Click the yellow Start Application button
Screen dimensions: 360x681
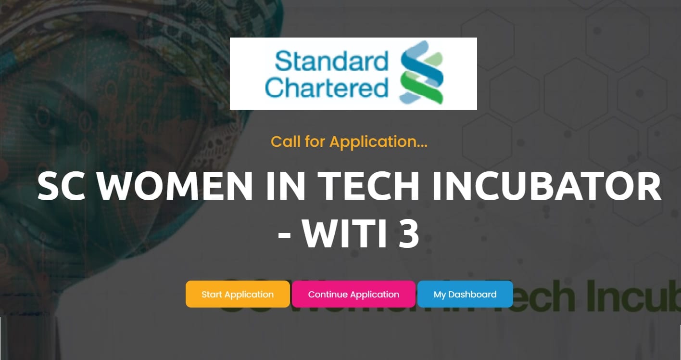[x=238, y=294]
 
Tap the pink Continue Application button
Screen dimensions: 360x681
[x=353, y=294]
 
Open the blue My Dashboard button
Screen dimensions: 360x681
[x=465, y=294]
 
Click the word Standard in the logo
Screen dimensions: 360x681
[x=331, y=63]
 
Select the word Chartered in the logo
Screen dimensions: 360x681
[x=327, y=88]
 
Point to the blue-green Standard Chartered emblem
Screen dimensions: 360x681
[x=421, y=73]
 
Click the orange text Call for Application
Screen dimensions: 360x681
[x=349, y=141]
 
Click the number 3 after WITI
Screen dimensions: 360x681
[x=409, y=234]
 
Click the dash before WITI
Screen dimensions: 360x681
[x=285, y=236]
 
